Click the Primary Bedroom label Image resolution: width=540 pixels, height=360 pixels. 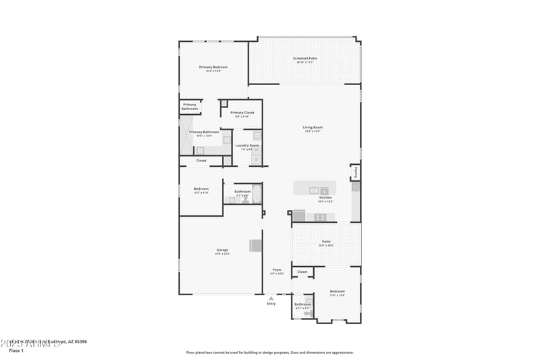[213, 67]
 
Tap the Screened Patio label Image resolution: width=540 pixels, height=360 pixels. [305, 58]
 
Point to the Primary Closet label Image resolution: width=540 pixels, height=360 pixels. [242, 113]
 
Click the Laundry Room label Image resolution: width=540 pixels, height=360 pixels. [246, 145]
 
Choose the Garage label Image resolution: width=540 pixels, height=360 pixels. [221, 250]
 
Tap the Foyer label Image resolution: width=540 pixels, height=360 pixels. [277, 269]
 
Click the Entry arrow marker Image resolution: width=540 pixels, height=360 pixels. [271, 297]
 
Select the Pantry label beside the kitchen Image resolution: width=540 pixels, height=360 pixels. [355, 172]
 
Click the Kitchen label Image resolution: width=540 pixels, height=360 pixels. [325, 198]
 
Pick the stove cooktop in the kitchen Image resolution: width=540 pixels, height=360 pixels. [320, 217]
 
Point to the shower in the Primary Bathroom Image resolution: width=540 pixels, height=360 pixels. [186, 134]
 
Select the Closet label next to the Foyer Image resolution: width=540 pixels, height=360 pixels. [302, 272]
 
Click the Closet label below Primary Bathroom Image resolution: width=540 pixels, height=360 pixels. [201, 161]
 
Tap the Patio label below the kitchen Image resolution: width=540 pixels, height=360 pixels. [326, 241]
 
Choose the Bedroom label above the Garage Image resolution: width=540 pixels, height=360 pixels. [201, 188]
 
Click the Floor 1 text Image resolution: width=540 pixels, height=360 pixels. [16, 351]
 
